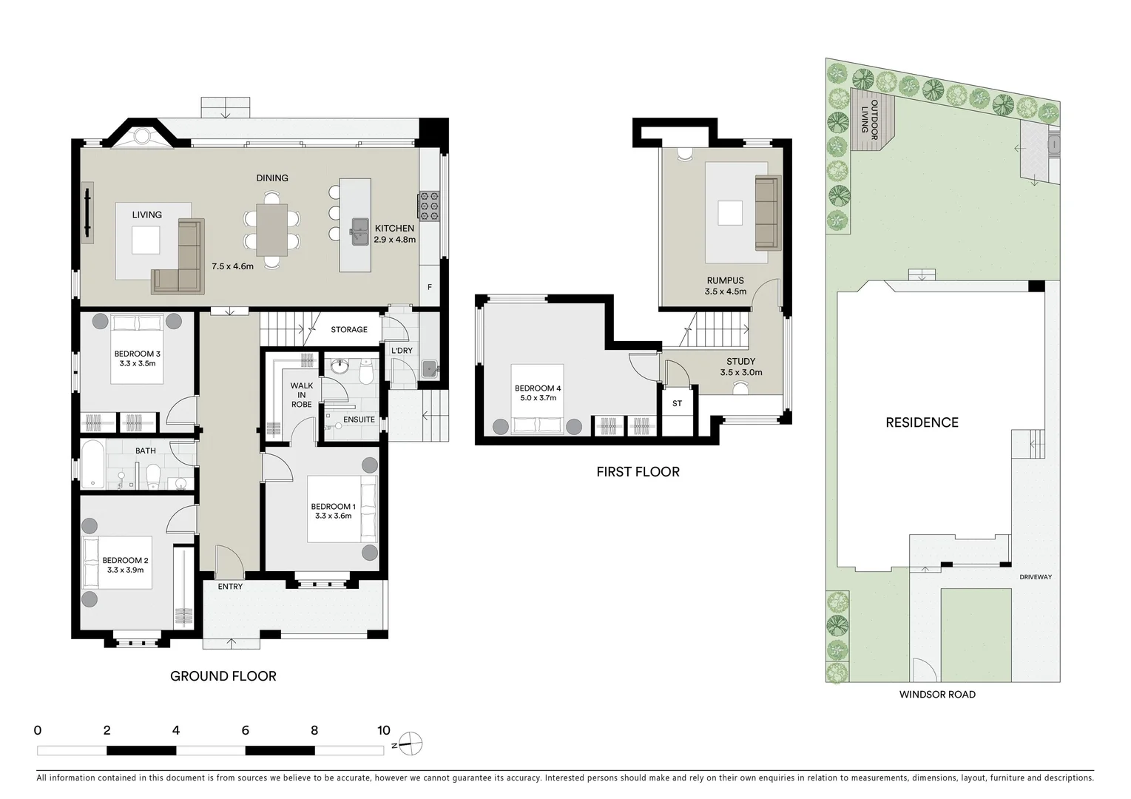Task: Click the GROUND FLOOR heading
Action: click(x=223, y=675)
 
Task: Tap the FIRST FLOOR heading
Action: click(x=638, y=471)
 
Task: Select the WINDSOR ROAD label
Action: click(x=937, y=694)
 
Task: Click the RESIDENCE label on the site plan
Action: click(x=922, y=422)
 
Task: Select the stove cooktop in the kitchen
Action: click(x=429, y=205)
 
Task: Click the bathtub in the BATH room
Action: click(x=92, y=465)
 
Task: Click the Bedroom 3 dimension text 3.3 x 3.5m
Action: click(x=137, y=363)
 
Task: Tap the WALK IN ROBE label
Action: click(x=301, y=394)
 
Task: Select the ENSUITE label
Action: click(x=359, y=419)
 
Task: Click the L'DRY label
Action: click(x=402, y=350)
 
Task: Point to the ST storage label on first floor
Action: click(x=677, y=403)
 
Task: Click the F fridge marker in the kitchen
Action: click(x=429, y=287)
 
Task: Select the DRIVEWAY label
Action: click(x=1035, y=577)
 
